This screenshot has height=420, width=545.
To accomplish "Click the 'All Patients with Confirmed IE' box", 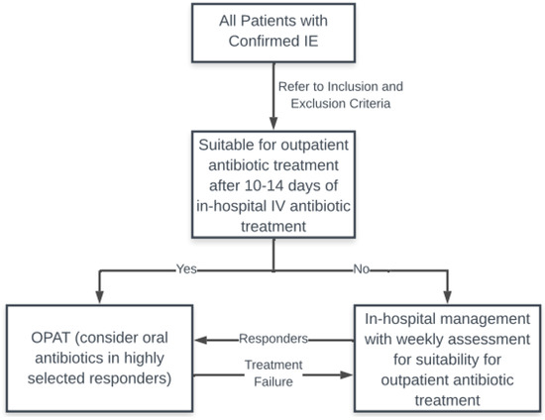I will pos(272,34).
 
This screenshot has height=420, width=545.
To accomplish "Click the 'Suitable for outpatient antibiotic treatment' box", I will pos(272,184).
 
